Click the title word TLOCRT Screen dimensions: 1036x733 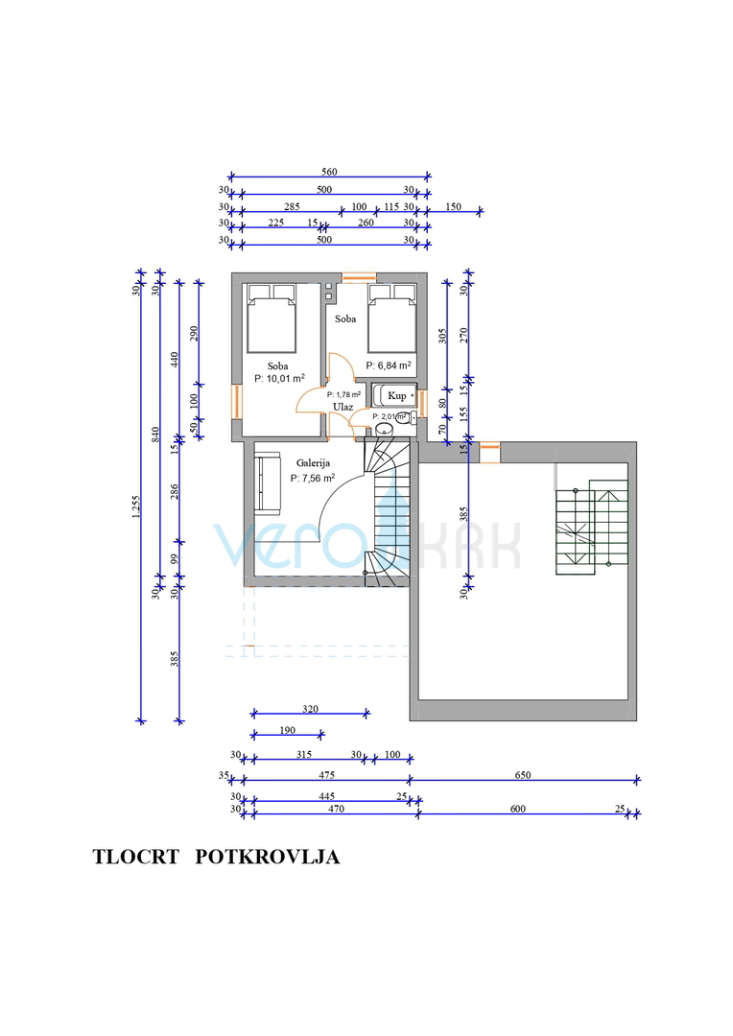[135, 857]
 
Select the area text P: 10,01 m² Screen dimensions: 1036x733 [279, 379]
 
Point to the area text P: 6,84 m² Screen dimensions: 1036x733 [389, 365]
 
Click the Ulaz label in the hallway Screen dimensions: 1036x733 [343, 407]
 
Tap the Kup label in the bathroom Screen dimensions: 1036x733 [396, 395]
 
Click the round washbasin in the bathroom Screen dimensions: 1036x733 [385, 431]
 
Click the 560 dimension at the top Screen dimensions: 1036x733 [329, 172]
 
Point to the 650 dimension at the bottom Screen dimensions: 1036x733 [524, 775]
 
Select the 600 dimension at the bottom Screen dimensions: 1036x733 [518, 809]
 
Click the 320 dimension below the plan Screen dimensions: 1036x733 [309, 709]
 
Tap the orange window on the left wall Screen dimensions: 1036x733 [236, 401]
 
